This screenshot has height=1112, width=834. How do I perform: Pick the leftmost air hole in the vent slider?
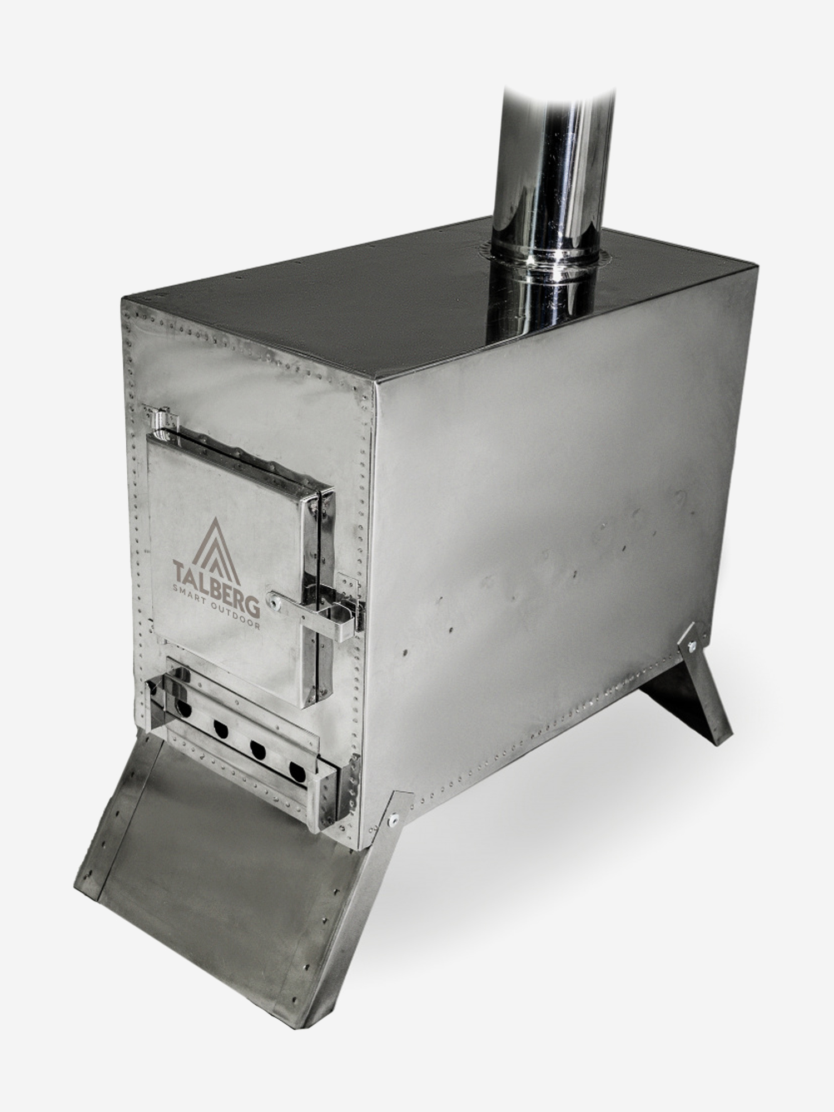click(183, 709)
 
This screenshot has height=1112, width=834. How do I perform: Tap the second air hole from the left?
click(221, 730)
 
